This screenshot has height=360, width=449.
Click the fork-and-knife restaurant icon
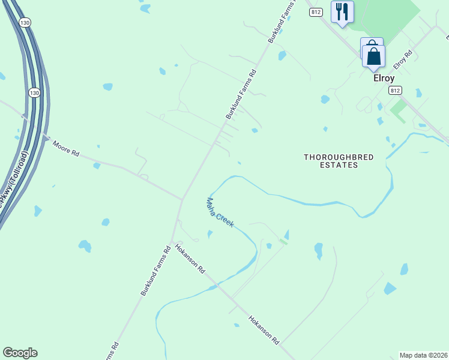[342, 11]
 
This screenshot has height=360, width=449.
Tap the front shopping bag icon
[373, 57]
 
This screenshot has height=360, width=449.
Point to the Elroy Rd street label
[403, 59]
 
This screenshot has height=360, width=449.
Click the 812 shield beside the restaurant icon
[317, 12]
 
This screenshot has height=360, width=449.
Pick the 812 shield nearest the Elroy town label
[394, 90]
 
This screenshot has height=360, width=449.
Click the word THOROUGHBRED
[339, 157]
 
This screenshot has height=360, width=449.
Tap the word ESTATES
[339, 165]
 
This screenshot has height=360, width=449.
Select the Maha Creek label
[220, 212]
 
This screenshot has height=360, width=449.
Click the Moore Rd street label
[66, 148]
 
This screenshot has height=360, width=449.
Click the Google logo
[20, 353]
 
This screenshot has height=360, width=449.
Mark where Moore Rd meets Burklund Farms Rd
[182, 199]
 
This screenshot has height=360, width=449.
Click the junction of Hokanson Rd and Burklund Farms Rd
[172, 242]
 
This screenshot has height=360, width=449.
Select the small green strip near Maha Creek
[283, 241]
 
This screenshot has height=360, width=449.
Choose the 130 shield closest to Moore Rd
[35, 93]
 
